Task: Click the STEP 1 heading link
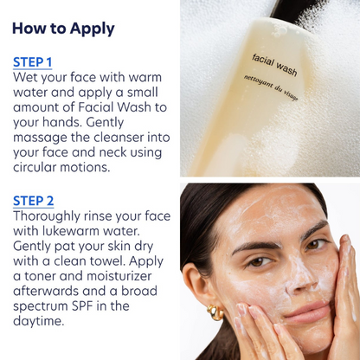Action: click(x=32, y=62)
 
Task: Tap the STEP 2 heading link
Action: click(x=33, y=201)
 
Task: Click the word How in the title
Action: click(x=29, y=29)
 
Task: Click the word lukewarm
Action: click(x=78, y=231)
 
